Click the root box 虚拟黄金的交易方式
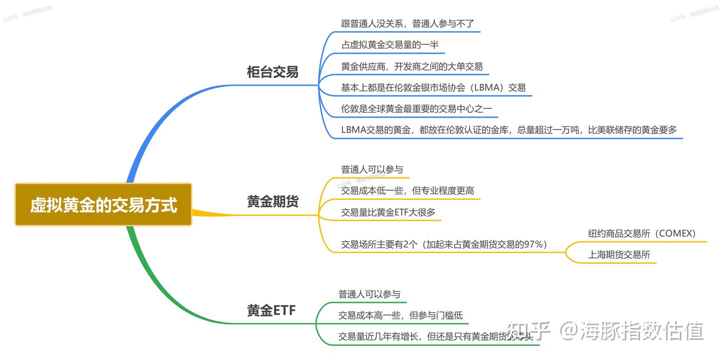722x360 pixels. [103, 205]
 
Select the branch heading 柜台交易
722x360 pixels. [272, 72]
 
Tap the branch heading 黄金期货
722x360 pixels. [272, 202]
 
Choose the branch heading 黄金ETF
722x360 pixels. [271, 311]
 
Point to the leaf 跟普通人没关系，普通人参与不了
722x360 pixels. [407, 24]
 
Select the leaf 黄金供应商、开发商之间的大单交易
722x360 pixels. [412, 66]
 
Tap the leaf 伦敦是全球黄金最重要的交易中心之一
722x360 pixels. [416, 108]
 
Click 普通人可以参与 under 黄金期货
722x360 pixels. [372, 169]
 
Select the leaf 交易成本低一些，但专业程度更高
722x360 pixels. [407, 191]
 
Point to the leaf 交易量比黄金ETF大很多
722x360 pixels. [388, 212]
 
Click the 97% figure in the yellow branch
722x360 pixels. [531, 245]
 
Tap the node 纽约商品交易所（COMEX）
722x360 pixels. [641, 234]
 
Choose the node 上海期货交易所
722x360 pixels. [619, 255]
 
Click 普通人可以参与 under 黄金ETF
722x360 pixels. [369, 294]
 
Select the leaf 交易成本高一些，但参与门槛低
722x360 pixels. [400, 315]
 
